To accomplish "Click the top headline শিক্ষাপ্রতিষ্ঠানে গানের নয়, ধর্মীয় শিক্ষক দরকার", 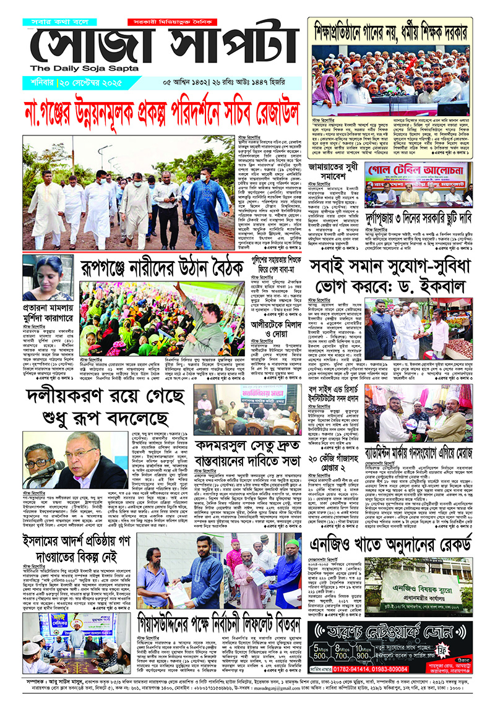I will (x=390, y=30).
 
